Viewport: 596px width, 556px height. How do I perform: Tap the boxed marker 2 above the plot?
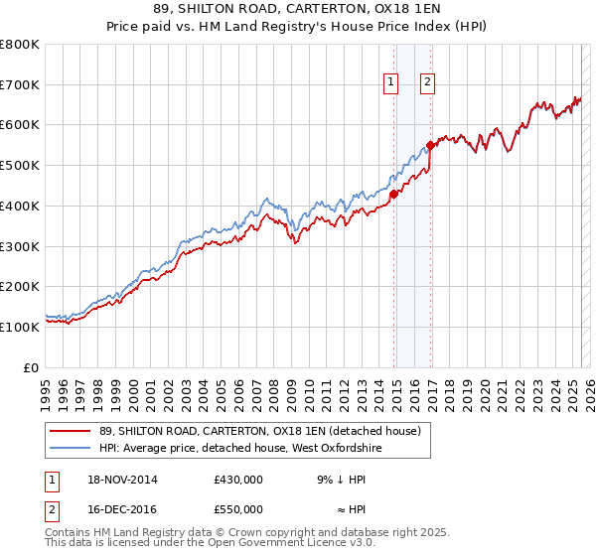(x=427, y=83)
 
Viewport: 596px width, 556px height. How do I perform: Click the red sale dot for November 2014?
(x=394, y=194)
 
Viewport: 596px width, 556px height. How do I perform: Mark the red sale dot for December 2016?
(x=431, y=145)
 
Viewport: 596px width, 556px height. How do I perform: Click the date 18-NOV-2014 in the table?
(x=120, y=480)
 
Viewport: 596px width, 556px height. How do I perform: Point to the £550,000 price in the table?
(x=238, y=508)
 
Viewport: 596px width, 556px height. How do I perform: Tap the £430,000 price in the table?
(x=238, y=480)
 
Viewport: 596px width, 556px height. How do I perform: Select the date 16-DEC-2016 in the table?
(x=120, y=508)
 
